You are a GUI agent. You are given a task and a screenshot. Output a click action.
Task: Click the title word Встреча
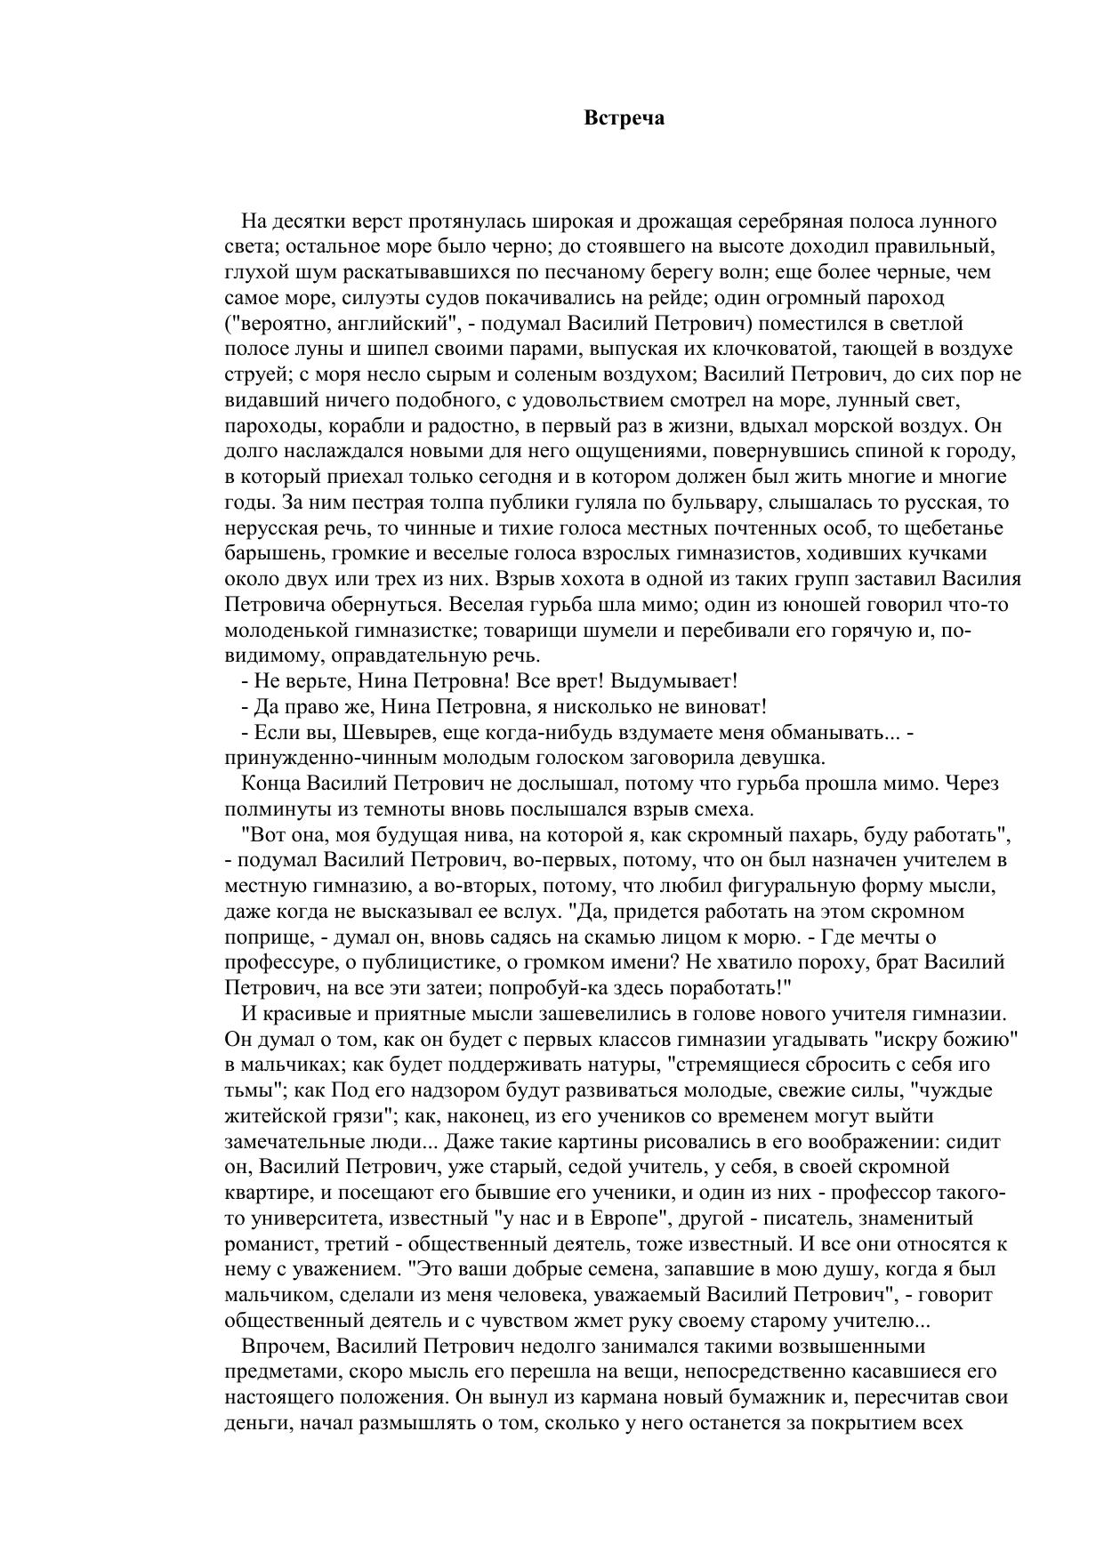624,118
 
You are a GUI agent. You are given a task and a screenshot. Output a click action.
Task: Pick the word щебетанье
953,527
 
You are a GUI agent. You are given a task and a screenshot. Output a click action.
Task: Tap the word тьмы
250,1090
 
